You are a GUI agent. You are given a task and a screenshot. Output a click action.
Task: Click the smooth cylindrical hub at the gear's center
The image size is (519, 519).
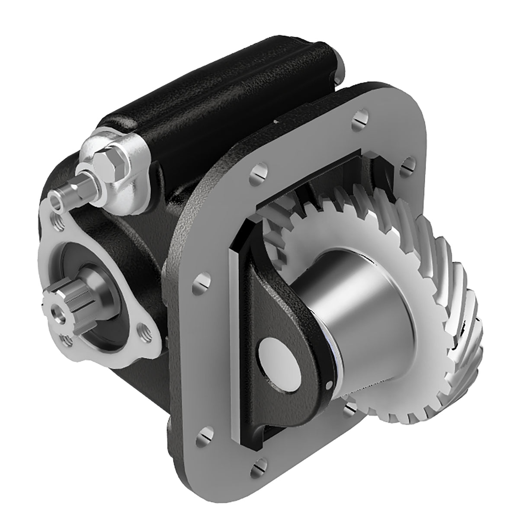[x=355, y=303]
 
